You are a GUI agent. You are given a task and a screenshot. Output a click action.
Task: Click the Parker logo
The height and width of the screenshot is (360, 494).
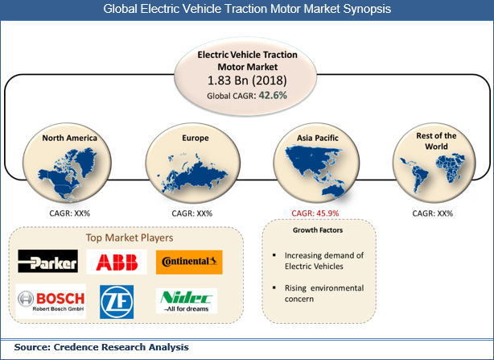click(x=47, y=263)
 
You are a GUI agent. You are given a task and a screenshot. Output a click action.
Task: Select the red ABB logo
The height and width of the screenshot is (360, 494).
click(x=117, y=263)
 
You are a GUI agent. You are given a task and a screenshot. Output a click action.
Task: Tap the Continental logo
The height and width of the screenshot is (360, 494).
click(x=189, y=263)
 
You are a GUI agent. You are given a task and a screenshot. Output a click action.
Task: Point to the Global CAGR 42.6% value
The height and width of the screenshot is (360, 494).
click(x=247, y=95)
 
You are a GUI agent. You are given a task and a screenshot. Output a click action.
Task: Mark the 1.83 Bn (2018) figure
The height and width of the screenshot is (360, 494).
click(x=247, y=81)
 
